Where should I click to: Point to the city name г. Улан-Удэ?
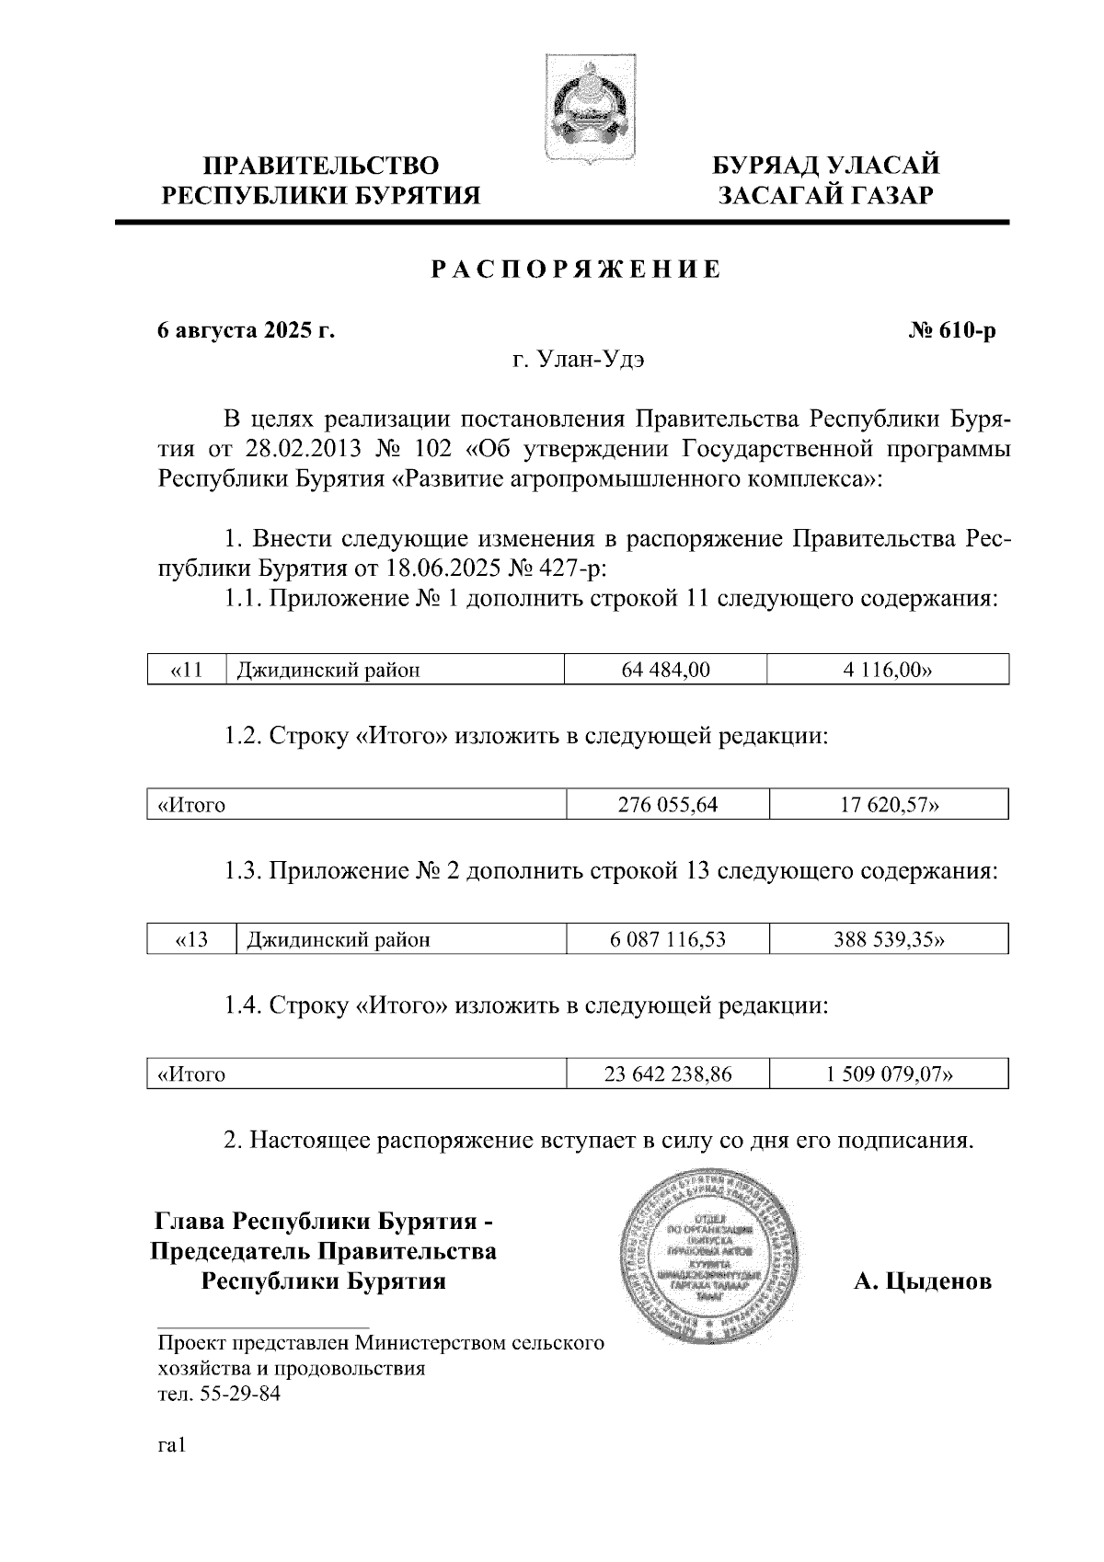coord(578,360)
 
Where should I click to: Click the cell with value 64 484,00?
coord(665,670)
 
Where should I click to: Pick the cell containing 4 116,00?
coord(887,670)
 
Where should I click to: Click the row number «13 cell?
coord(191,939)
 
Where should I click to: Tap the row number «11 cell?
coord(187,670)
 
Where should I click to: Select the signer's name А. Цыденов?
coord(922,1281)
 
